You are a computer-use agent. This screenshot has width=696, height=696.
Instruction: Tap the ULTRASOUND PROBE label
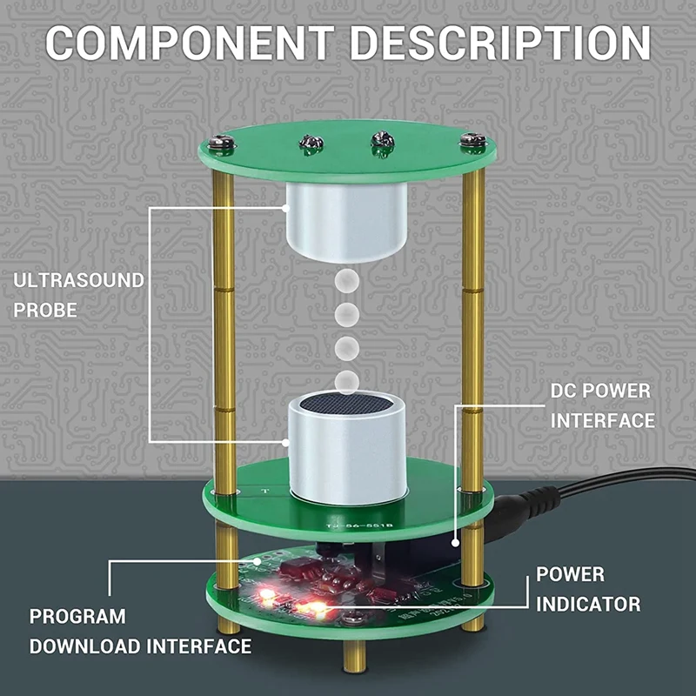pos(78,295)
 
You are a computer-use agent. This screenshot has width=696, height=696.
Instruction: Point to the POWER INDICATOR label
pos(588,588)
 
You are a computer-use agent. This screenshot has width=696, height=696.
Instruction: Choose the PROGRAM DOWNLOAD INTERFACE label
pos(139,632)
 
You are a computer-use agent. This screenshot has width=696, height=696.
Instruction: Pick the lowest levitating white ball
pos(347,379)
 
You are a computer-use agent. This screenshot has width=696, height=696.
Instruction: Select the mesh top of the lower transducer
pos(348,405)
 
